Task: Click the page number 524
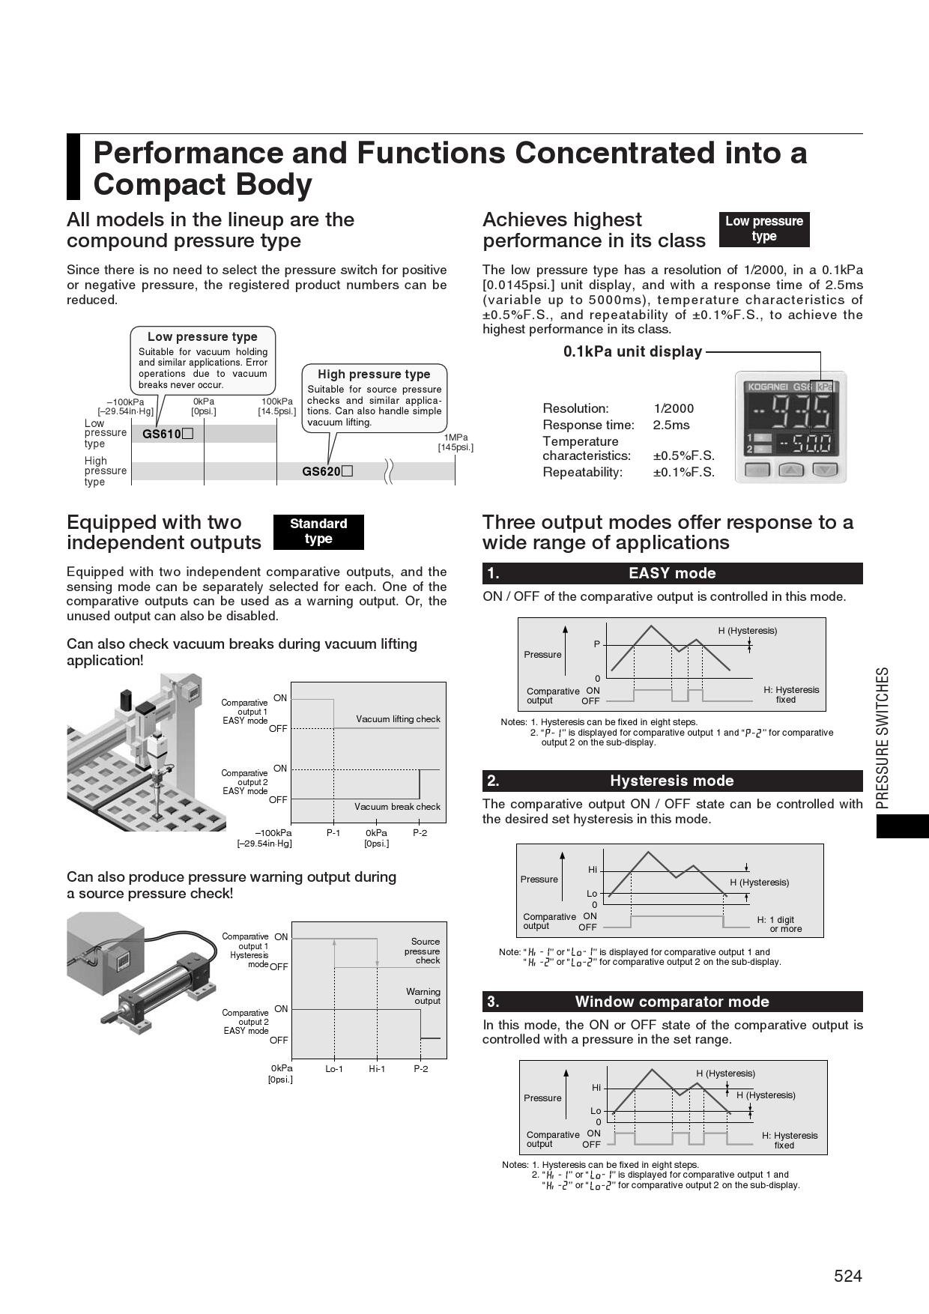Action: coord(848,1276)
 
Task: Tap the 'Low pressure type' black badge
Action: coord(763,228)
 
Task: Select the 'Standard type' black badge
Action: coord(318,531)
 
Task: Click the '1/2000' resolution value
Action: coord(674,408)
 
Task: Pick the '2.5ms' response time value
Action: coord(671,425)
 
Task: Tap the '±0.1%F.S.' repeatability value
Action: coord(683,472)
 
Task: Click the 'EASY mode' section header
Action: coord(672,573)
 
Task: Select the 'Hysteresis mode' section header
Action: coord(672,781)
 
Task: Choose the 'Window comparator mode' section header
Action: coord(672,1002)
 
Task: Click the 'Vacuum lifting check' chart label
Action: coord(398,719)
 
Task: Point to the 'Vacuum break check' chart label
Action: coord(397,807)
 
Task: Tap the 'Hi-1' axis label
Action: coord(377,1068)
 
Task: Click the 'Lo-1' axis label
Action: coord(334,1068)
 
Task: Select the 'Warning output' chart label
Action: coord(423,996)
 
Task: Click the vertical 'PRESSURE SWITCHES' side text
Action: coord(883,738)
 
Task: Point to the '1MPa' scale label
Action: coord(456,438)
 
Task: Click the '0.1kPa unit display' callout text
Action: coord(632,351)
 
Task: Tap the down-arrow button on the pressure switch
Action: coord(824,470)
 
